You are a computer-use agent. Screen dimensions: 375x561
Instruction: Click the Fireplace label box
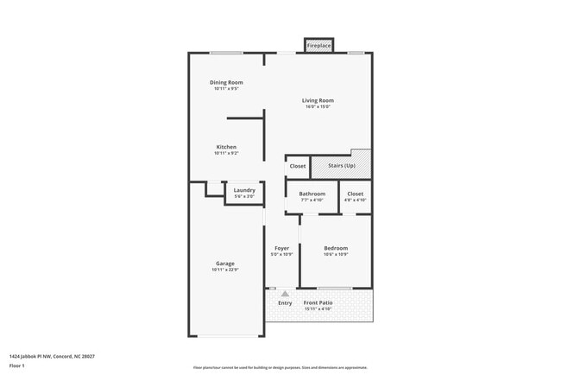click(x=318, y=45)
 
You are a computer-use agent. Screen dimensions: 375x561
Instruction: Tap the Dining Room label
click(x=226, y=82)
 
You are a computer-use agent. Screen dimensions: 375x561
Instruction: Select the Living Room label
click(x=318, y=100)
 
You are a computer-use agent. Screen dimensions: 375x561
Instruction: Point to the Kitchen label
click(x=226, y=147)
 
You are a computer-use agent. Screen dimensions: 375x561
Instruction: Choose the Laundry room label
click(x=244, y=190)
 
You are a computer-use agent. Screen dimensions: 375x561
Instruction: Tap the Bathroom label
click(x=312, y=194)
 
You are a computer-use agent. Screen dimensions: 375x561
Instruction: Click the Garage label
click(x=224, y=264)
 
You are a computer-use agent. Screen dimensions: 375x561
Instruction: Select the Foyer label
click(x=282, y=248)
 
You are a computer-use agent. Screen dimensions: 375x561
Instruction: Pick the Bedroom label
click(x=336, y=248)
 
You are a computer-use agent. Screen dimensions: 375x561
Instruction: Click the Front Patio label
click(x=318, y=302)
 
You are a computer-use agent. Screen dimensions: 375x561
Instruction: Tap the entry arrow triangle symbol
click(x=285, y=294)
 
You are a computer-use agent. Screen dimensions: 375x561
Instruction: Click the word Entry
click(x=285, y=302)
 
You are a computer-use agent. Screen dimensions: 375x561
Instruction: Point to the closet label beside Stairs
click(x=298, y=166)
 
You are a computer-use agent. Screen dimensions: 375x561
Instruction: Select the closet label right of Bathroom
click(x=356, y=194)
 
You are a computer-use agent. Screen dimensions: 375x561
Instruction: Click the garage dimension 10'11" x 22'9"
click(x=224, y=270)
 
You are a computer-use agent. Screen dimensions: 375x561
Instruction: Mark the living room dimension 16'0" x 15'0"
click(x=318, y=107)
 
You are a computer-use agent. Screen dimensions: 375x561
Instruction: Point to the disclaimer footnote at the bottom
click(x=280, y=367)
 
